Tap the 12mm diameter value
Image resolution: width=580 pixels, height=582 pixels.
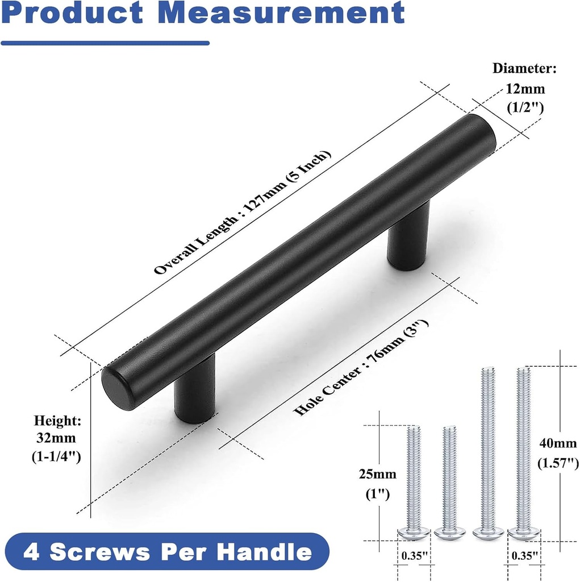click(525, 89)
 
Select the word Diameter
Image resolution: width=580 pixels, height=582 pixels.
click(524, 69)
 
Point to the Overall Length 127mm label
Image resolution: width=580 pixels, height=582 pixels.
click(242, 213)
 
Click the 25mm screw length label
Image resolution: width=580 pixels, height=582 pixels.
click(377, 474)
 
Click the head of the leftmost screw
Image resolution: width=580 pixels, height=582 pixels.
click(413, 533)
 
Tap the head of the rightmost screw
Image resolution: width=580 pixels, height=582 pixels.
click(523, 533)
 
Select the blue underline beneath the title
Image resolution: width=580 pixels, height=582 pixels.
click(105, 43)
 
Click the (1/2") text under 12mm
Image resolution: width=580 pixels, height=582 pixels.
click(525, 107)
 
